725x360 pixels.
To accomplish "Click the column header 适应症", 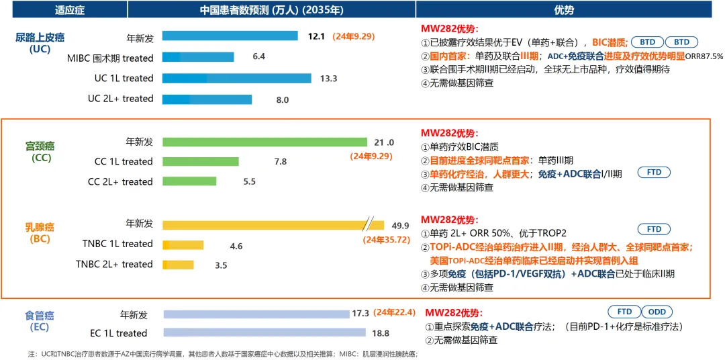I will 64,10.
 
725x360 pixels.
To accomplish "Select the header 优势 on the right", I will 564,10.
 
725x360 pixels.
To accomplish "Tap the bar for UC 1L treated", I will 236,79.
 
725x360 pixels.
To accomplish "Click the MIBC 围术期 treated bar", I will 198,58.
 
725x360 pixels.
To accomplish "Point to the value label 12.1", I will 316,36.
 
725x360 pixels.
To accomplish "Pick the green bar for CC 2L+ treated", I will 189,181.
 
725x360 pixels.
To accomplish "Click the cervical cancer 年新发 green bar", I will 264,142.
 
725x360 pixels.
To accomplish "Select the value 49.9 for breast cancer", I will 401,225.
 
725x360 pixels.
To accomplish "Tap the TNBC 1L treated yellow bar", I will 183,246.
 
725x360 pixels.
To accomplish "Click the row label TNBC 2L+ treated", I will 114,264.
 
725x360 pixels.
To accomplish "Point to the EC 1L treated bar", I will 264,332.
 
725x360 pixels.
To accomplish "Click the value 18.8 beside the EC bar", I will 380,332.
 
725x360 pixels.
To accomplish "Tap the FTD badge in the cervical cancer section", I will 654,173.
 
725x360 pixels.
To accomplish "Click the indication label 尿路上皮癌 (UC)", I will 40,42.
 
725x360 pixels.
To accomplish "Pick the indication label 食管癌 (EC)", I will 40,321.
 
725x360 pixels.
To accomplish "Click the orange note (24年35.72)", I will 386,239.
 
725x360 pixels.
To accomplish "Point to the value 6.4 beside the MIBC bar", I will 258,57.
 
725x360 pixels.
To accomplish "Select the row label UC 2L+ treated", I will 120,99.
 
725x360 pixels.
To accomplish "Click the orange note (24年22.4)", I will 397,313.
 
